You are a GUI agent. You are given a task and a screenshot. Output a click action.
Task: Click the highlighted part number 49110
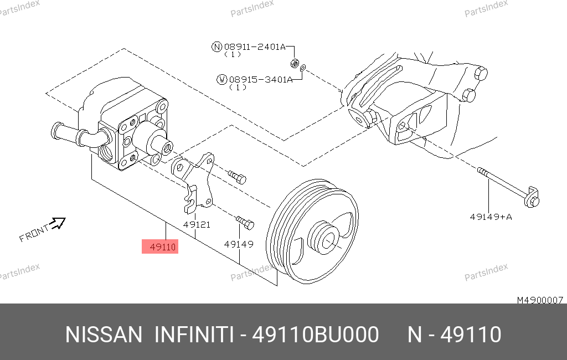point(162,247)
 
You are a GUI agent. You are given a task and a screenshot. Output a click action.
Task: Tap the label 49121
point(197,225)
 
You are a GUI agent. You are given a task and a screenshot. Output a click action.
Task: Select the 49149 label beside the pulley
point(239,244)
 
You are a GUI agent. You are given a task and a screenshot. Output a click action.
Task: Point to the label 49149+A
point(491,217)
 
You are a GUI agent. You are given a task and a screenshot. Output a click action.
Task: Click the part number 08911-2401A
point(255,47)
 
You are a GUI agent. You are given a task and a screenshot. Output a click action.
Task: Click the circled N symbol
point(217,47)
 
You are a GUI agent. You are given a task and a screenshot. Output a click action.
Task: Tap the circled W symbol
point(221,80)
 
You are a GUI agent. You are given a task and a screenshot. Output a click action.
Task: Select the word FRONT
point(34,233)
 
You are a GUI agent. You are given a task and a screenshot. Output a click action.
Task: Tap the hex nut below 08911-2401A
point(295,64)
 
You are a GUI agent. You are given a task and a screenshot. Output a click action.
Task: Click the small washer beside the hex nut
point(303,68)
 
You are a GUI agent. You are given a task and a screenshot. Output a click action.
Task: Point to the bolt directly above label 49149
point(245,222)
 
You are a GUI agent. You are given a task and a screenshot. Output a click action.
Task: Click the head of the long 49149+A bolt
point(532,198)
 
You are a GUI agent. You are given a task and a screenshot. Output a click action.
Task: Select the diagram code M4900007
point(540,300)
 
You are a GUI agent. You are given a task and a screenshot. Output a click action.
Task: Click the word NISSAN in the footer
point(104,335)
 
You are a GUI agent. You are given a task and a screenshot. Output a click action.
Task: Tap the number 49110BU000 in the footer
point(315,335)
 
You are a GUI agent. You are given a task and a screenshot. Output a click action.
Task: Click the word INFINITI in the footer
point(194,335)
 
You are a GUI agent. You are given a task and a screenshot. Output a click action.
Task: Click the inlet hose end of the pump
point(57,131)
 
